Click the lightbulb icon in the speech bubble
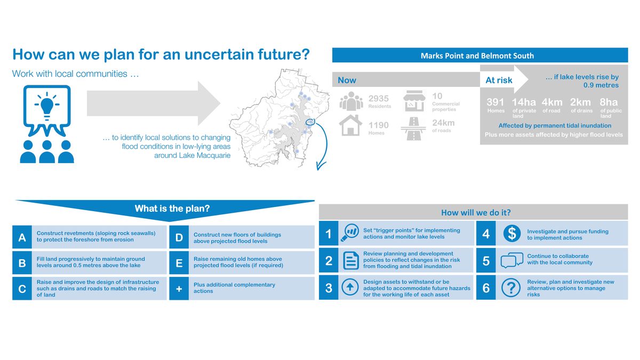point(47,106)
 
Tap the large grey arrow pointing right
point(154,103)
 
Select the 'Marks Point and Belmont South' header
point(477,55)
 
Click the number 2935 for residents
point(378,99)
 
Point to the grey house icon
point(350,125)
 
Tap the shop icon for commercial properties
point(414,101)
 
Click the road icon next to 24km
point(413,129)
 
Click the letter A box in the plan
point(22,237)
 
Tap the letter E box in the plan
point(179,263)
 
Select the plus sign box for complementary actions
point(179,289)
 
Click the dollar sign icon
point(511,234)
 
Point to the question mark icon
point(511,287)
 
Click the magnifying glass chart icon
point(350,233)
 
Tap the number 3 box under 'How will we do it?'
point(329,287)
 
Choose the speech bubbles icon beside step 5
point(511,260)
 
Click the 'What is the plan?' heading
point(172,209)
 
